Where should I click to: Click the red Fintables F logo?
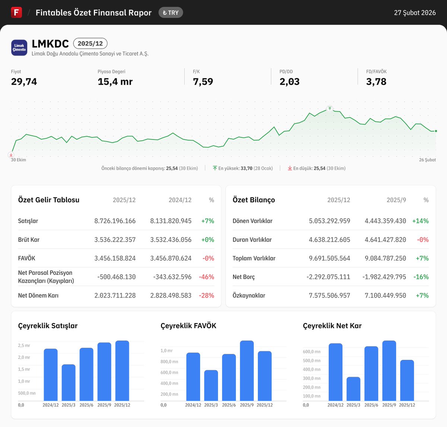point(16,12)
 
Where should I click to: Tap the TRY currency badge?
point(171,13)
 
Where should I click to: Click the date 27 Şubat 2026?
point(415,13)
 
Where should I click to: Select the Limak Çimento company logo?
point(19,48)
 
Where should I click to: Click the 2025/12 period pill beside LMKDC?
point(90,44)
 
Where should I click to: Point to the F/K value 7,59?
point(203,82)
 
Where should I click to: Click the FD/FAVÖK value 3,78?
point(376,82)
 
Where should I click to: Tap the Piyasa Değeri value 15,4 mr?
point(115,82)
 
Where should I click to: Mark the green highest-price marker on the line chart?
point(330,109)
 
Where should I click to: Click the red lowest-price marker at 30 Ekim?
point(12,154)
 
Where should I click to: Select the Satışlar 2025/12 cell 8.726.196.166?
point(115,221)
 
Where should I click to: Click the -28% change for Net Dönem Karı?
point(206,296)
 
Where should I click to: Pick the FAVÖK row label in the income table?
point(27,258)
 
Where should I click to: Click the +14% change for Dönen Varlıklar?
point(420,221)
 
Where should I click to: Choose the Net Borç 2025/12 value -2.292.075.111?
point(329,277)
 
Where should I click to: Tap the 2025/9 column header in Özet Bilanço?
point(396,200)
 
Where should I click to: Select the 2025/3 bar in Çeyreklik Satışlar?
point(69,383)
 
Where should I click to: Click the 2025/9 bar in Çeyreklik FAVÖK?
point(247,371)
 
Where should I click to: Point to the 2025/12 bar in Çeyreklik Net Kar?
point(407,380)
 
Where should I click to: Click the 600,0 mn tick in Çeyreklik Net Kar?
point(312,352)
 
